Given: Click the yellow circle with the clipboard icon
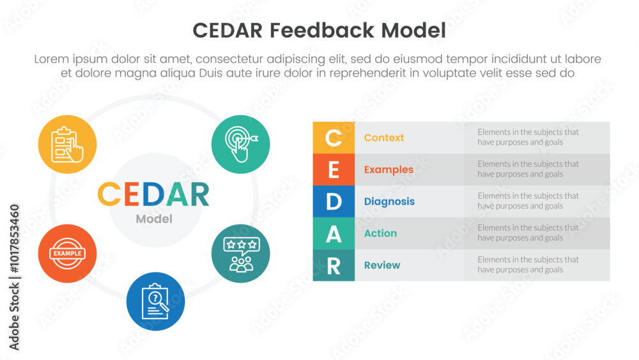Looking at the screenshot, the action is click(x=67, y=145).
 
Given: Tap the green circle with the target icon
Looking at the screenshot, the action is click(x=240, y=145).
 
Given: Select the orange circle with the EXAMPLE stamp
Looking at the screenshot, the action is click(x=67, y=254).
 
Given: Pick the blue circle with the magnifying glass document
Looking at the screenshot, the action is click(x=155, y=301).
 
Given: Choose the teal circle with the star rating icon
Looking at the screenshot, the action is click(x=240, y=254).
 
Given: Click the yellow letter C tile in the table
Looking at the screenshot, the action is click(x=334, y=138).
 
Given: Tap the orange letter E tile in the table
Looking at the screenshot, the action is click(x=334, y=169).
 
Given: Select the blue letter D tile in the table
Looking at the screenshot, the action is click(x=334, y=201).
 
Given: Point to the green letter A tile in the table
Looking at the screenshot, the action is click(x=334, y=233).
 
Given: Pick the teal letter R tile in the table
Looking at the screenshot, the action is click(x=334, y=265).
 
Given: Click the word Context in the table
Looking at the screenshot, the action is click(x=384, y=138).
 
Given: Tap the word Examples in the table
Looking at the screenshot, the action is click(x=389, y=170).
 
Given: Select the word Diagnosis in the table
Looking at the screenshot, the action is click(x=389, y=202).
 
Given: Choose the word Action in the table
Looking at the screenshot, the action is click(x=380, y=233).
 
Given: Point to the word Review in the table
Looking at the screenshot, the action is click(x=382, y=265).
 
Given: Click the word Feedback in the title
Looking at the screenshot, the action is click(x=321, y=31).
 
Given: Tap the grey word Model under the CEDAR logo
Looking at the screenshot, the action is click(x=154, y=219).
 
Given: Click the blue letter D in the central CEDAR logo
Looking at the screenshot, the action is click(x=153, y=194).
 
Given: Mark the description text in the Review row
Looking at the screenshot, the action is click(x=528, y=265).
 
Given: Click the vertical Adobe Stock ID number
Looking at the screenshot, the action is click(x=14, y=239).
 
